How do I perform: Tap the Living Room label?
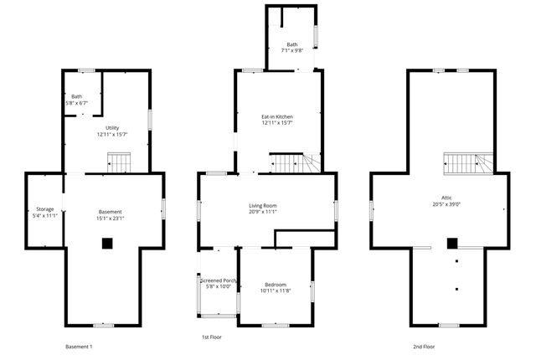point(263,205)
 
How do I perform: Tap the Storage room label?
point(44,208)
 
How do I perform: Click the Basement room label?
point(111,212)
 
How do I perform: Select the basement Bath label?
point(77,96)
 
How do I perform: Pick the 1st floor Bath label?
point(291,44)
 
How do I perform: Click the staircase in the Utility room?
point(119,161)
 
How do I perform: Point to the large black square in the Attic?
point(453,244)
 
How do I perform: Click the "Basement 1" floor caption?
point(79,346)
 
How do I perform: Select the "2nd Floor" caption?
point(424,346)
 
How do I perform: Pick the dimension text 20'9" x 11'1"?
point(263,213)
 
